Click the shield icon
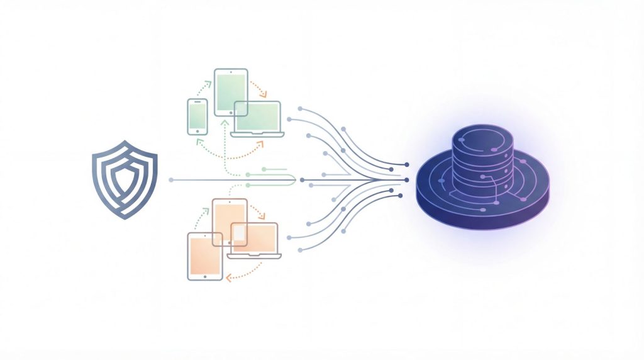(125, 179)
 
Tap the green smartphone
(197, 116)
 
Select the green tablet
(231, 92)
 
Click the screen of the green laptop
(257, 116)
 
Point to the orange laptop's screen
(255, 237)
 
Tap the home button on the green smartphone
(197, 131)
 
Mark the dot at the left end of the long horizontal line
(171, 180)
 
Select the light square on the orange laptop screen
(240, 233)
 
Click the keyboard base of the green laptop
(257, 134)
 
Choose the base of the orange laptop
(254, 256)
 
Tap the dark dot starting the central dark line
(303, 180)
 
